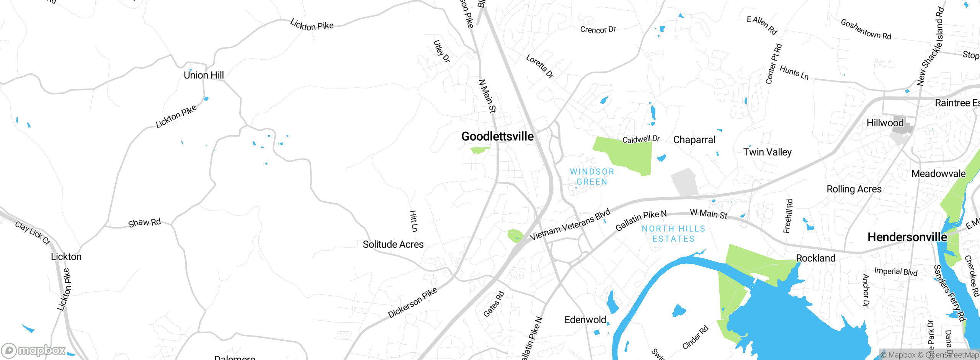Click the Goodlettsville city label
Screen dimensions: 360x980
click(x=497, y=136)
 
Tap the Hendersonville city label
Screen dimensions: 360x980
click(x=907, y=237)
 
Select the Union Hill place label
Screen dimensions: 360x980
click(x=204, y=75)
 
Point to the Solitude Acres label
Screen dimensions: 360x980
click(x=393, y=244)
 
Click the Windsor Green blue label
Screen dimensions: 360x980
click(x=592, y=177)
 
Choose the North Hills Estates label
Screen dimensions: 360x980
click(x=673, y=234)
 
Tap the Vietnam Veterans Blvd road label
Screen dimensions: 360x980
click(x=570, y=225)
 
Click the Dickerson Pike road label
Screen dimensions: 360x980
click(x=412, y=303)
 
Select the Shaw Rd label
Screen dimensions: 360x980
click(x=144, y=223)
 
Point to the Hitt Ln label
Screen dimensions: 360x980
click(x=413, y=221)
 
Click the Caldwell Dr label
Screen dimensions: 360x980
click(x=641, y=139)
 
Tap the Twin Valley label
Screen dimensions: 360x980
click(x=767, y=152)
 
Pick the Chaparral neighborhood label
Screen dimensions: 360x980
click(x=694, y=140)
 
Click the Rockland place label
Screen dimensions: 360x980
click(x=815, y=258)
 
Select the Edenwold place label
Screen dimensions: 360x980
click(x=585, y=320)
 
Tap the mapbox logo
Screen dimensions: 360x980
click(x=34, y=350)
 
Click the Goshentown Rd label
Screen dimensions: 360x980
click(x=866, y=29)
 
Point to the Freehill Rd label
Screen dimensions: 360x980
click(x=788, y=216)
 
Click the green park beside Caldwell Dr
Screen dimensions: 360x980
click(x=628, y=154)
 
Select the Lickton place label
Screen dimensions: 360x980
click(x=66, y=257)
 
